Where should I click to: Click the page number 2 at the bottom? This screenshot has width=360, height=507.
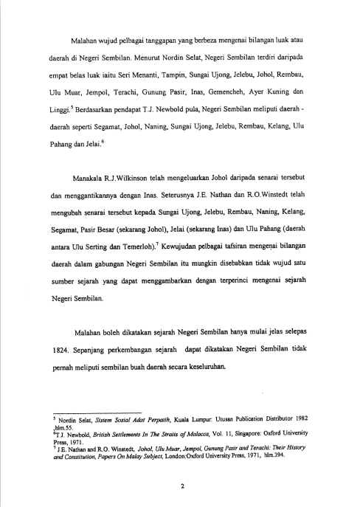[179, 484]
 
